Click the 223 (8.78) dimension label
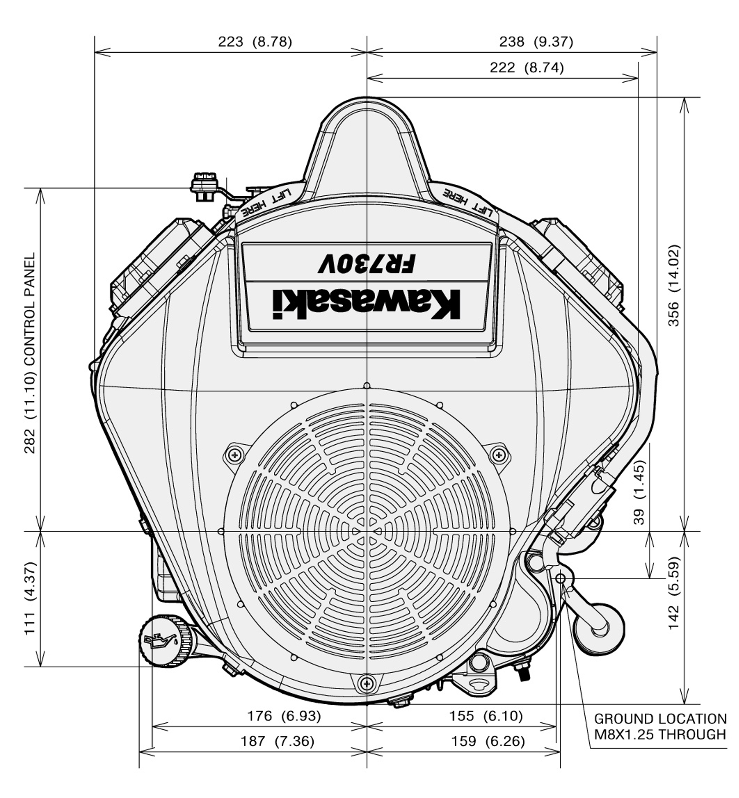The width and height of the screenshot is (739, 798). (255, 42)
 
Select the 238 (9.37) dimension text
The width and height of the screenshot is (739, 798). (536, 42)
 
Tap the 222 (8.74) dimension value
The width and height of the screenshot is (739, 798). (527, 68)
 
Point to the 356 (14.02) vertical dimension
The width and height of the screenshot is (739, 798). (674, 285)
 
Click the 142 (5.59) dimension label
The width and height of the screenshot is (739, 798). (674, 593)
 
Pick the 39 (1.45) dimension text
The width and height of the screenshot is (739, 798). (639, 492)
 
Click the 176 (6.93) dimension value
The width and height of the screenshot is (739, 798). (284, 716)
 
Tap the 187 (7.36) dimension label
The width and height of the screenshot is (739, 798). (277, 741)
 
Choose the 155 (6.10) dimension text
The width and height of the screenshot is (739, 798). (486, 716)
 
